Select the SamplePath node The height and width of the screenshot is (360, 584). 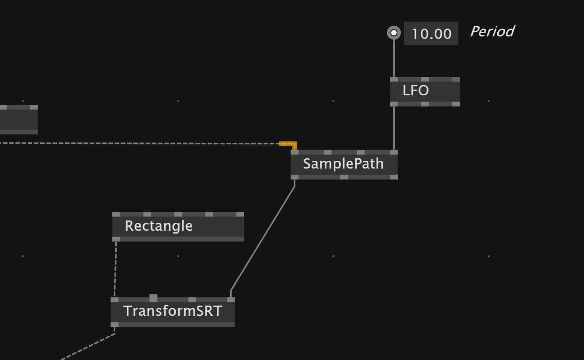pos(344,164)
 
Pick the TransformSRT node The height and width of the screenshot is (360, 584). pos(173,311)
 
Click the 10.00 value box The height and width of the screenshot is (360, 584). pos(431,34)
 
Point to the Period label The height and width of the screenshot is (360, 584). pos(492,32)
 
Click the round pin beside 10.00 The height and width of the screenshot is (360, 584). pos(394,33)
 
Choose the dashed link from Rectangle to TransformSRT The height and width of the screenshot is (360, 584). pos(115,268)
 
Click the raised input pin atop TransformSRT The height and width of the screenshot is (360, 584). pos(153,297)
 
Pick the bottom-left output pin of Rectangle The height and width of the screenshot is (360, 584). pos(116,239)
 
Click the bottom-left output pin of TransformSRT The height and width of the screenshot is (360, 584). pos(115,324)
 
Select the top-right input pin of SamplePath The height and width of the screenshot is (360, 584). pos(393,152)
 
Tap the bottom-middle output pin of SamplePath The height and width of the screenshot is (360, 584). pos(344,177)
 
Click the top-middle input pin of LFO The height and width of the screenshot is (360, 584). pos(425,79)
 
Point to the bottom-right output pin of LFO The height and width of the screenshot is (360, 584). pos(456,104)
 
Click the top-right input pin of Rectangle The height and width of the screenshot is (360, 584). pos(240,214)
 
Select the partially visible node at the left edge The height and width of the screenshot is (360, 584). pos(18,119)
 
